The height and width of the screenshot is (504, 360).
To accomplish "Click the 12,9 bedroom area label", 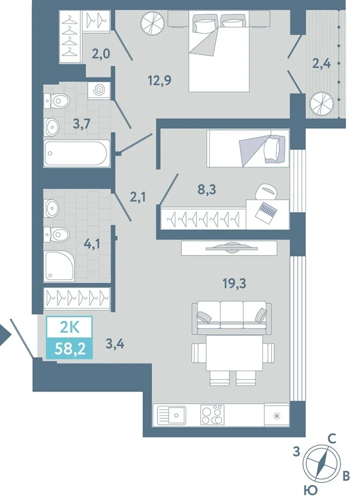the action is [159, 80].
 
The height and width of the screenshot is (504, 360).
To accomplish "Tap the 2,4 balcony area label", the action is [322, 64].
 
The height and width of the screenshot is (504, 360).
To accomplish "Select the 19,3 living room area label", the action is [234, 283].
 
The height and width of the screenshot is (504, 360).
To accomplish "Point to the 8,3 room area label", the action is [207, 190].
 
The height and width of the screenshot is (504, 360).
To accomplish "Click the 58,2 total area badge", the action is [70, 348].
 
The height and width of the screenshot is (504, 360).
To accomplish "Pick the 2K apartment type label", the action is [70, 328].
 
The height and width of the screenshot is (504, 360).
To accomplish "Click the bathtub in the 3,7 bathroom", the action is [77, 153].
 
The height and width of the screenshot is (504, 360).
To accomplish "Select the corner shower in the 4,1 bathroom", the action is [59, 267].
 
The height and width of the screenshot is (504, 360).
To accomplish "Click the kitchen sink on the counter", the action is [171, 415].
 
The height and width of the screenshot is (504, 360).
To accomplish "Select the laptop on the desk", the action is [266, 211].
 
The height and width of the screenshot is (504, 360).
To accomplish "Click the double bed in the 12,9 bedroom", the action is [219, 51].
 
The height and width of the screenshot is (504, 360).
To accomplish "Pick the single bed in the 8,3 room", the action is [248, 149].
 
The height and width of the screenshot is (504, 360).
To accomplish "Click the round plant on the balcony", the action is [321, 103].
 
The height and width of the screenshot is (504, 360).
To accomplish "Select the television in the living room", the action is [231, 248].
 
